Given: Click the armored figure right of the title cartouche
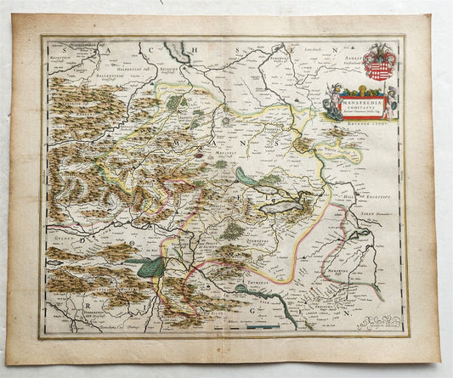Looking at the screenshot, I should [392, 104].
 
